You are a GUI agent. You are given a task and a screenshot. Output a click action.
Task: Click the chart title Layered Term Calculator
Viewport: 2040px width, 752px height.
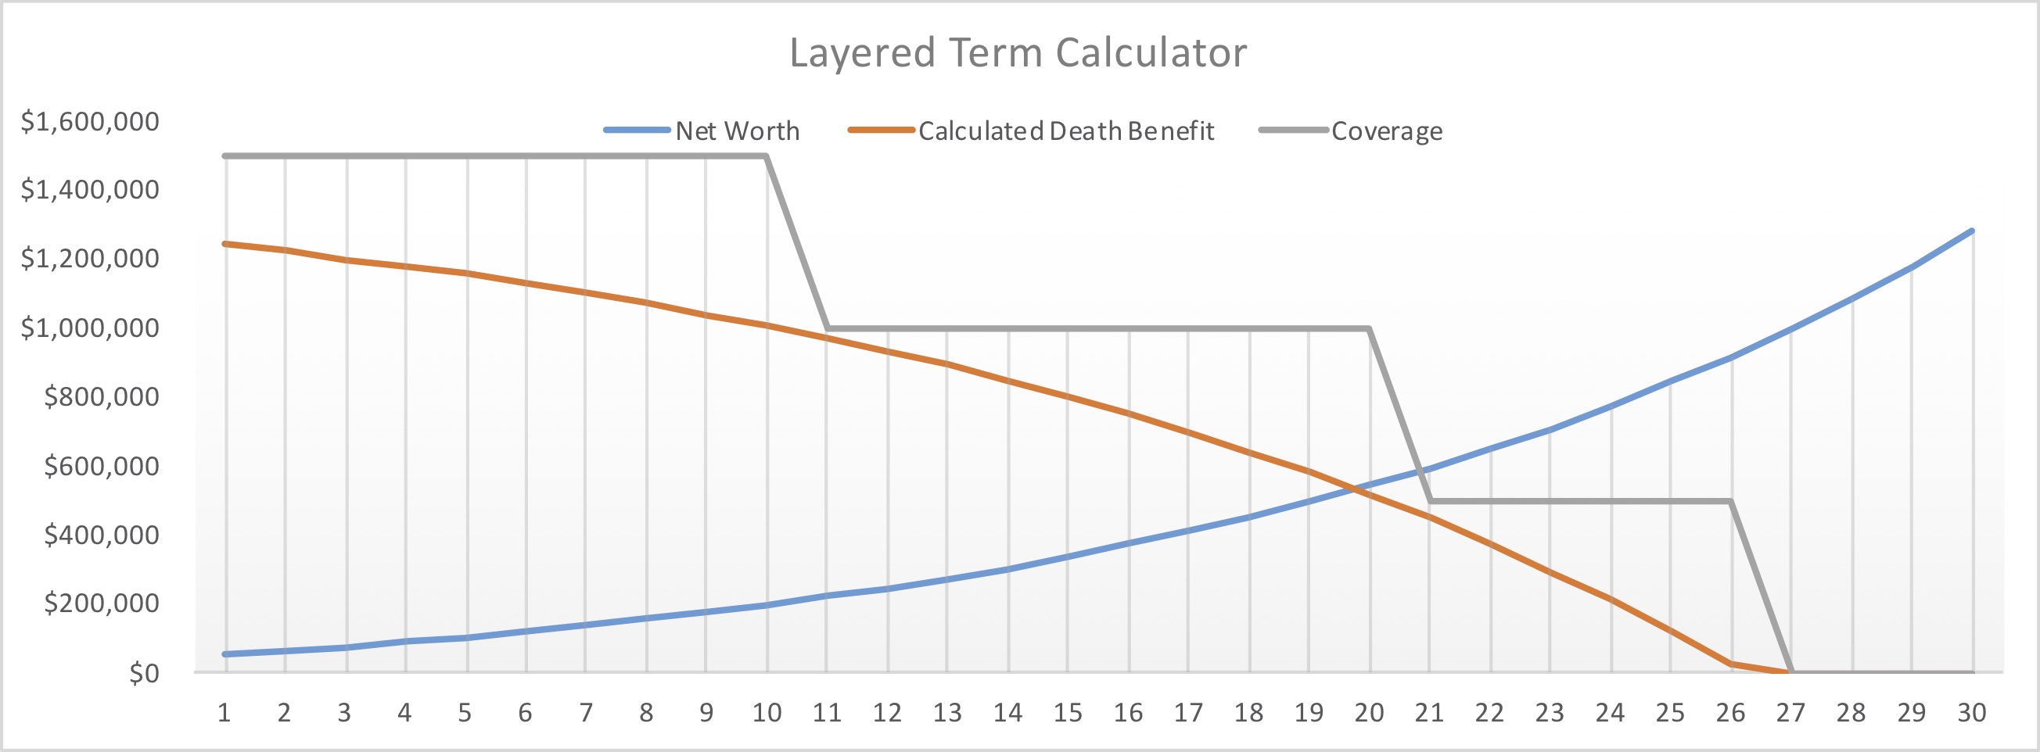tap(1018, 53)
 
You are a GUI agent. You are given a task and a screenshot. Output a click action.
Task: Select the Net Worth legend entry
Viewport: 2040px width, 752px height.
tap(737, 131)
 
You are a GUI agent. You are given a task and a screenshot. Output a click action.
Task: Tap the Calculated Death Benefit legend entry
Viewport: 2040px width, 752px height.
tap(1065, 131)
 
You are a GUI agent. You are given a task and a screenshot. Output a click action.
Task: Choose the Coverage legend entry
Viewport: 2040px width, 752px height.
tap(1386, 131)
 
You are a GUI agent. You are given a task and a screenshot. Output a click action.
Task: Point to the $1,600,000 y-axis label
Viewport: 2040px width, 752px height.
tap(89, 121)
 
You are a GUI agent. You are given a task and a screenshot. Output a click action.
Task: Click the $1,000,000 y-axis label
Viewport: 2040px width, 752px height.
tap(89, 327)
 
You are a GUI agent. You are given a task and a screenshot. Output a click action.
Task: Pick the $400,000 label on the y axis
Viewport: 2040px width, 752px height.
tap(101, 535)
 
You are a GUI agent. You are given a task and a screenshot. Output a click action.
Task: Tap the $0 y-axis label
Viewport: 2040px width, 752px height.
tap(144, 673)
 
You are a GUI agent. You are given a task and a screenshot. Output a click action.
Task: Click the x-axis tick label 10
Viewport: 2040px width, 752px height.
tap(767, 713)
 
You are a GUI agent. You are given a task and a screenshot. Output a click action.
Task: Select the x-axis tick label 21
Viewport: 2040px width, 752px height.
tap(1429, 713)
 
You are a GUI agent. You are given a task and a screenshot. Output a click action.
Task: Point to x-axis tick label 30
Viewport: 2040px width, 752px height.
tap(1971, 713)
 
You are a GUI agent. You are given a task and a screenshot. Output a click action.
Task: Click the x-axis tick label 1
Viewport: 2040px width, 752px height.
tap(225, 713)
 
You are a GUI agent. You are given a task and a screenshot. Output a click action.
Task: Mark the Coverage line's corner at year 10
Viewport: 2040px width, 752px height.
tap(766, 156)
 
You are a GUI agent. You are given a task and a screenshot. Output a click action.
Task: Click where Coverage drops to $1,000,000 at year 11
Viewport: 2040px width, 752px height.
tap(827, 328)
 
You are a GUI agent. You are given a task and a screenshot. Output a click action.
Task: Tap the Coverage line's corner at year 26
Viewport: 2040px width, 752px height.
tap(1730, 501)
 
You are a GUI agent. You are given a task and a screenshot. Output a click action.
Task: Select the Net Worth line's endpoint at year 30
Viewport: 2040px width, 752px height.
tap(1971, 231)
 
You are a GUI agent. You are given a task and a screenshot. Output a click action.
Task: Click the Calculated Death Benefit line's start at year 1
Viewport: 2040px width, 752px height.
tap(226, 244)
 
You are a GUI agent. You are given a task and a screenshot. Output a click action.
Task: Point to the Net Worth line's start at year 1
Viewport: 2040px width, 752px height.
tap(226, 654)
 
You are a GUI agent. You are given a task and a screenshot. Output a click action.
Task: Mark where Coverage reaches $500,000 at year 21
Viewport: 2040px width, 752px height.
tap(1430, 501)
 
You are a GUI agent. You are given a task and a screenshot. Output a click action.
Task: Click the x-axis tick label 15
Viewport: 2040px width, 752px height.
tap(1068, 713)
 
